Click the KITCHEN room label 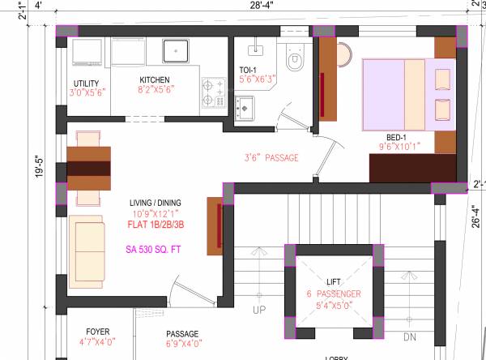pos(155,79)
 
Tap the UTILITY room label pos(86,84)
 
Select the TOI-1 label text pos(248,70)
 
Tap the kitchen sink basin pos(175,52)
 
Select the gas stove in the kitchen pos(213,92)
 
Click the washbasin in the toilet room pos(245,107)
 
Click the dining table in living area pos(88,169)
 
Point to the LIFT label pos(333,280)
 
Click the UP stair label pos(259,311)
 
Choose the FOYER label pos(97,332)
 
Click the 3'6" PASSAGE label pos(271,157)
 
